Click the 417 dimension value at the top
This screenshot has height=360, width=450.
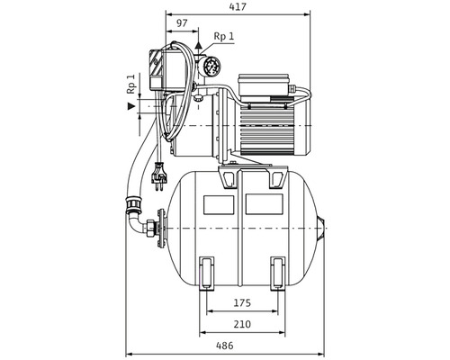(238, 7)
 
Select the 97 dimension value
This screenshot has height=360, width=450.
(182, 23)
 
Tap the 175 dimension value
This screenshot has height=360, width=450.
(242, 303)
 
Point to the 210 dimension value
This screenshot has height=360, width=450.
(242, 324)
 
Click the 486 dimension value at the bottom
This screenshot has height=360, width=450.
(225, 346)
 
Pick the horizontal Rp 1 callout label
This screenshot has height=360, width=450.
(224, 36)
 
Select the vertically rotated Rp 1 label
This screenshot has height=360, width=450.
(131, 84)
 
